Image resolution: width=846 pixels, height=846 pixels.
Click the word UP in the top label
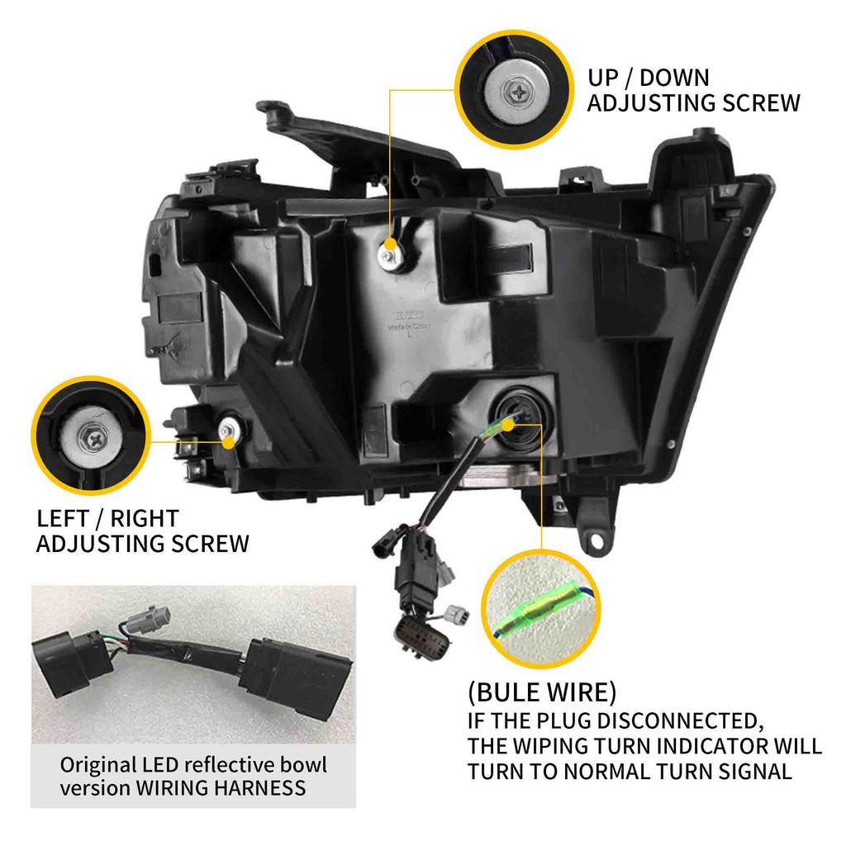(x=604, y=78)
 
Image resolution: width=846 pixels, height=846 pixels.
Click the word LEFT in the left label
(x=61, y=519)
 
